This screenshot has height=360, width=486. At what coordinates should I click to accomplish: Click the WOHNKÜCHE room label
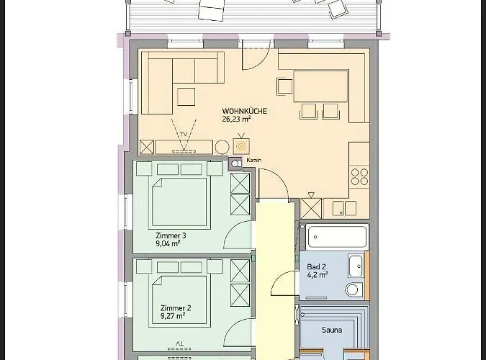click(x=244, y=112)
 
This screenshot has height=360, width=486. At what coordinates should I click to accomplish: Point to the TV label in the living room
click(x=184, y=135)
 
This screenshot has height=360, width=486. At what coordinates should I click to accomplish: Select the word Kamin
click(x=252, y=160)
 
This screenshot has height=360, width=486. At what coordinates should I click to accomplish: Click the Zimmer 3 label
click(x=171, y=235)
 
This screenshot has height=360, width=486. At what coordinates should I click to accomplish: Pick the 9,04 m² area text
click(x=168, y=243)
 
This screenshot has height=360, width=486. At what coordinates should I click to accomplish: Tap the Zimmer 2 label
click(x=175, y=307)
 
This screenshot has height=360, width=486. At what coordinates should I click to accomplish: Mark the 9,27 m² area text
click(x=172, y=315)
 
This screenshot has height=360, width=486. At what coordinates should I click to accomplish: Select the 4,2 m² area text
click(x=317, y=274)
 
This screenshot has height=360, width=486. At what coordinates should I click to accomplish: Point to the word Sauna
click(x=331, y=331)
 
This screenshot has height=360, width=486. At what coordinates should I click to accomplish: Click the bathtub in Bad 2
click(x=336, y=236)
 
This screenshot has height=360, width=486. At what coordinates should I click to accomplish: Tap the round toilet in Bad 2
click(x=352, y=289)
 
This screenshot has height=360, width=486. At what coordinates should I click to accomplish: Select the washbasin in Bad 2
click(x=355, y=266)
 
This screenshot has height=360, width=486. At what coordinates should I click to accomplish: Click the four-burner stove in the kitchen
click(x=359, y=176)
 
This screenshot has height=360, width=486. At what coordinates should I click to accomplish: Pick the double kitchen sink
click(x=343, y=209)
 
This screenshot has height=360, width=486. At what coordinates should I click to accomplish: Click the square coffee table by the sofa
click(x=187, y=96)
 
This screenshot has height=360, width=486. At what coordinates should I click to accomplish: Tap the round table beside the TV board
click(x=220, y=146)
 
